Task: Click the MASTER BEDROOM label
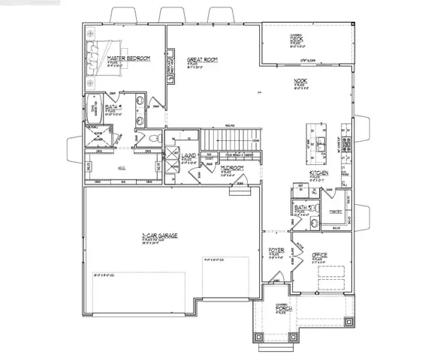pos(128,58)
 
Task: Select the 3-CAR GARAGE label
pos(159,235)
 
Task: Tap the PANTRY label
pos(336,211)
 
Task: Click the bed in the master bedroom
pos(95,55)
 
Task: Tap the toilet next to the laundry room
pos(153,139)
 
